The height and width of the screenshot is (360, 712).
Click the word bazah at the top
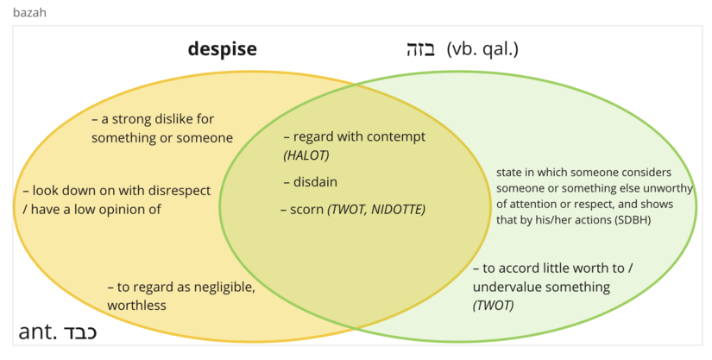(29, 12)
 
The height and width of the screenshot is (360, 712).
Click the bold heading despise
(223, 48)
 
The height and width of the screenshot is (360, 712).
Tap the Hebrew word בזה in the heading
(422, 49)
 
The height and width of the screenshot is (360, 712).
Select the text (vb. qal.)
(482, 49)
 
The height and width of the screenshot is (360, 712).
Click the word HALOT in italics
(306, 155)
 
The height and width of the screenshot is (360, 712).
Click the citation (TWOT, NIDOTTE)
(376, 209)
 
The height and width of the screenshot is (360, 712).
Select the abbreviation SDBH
(633, 220)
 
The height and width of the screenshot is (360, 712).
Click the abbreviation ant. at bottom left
(36, 333)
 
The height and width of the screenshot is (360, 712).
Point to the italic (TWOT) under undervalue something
(494, 305)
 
